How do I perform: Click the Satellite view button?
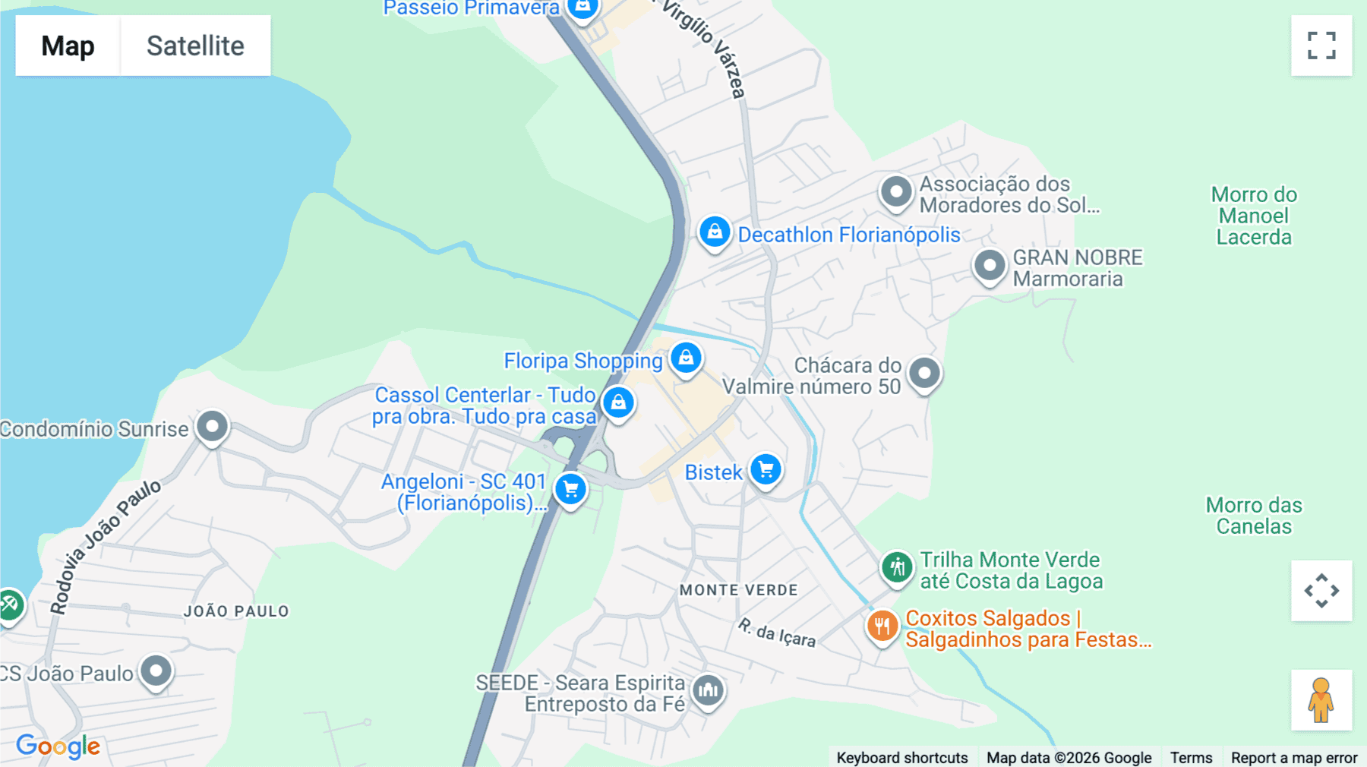(195, 46)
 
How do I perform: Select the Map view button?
(68, 46)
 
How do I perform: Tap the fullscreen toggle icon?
(1321, 46)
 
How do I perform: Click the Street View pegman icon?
(1321, 700)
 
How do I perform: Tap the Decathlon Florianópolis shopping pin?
(715, 232)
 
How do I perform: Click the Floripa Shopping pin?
(686, 357)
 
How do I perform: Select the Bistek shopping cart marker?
(766, 469)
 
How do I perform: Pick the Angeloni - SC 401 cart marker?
(571, 489)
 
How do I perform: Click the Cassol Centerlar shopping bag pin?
(618, 402)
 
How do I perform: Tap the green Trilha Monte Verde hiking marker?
(897, 567)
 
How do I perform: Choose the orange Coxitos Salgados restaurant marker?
(882, 626)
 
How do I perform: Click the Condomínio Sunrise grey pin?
(212, 426)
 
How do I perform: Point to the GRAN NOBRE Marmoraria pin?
(990, 266)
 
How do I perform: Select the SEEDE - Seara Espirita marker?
(709, 690)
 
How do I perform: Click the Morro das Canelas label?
(1254, 516)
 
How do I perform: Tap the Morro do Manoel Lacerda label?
(1254, 216)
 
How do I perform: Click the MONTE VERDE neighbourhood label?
(739, 590)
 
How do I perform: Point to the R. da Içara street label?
(777, 632)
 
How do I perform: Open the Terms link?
(1191, 757)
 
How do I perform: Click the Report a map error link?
(1294, 757)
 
